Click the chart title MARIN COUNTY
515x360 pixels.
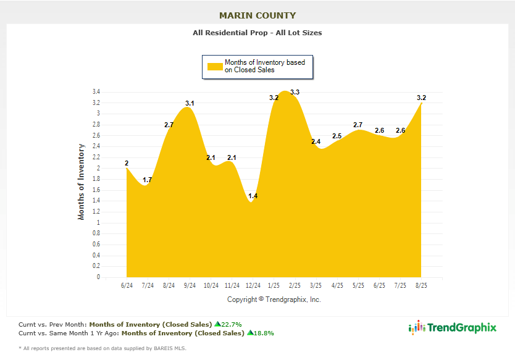tap(257, 15)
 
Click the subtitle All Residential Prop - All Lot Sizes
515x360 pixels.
tap(257, 33)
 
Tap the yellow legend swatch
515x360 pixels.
tap(214, 67)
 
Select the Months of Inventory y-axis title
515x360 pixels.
tap(81, 182)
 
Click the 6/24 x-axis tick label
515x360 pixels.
tap(127, 286)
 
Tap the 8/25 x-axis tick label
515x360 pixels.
tap(421, 286)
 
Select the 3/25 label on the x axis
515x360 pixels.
tap(316, 286)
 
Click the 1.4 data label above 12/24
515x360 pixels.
tap(253, 196)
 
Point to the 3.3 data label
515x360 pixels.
tap(295, 93)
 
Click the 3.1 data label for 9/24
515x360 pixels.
tap(190, 103)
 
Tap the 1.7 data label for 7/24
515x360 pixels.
tap(148, 180)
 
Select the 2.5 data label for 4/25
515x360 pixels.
tap(337, 136)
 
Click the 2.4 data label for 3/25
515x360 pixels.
tap(316, 141)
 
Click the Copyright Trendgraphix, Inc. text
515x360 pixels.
tap(274, 299)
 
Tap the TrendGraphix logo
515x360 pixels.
tap(453, 328)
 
